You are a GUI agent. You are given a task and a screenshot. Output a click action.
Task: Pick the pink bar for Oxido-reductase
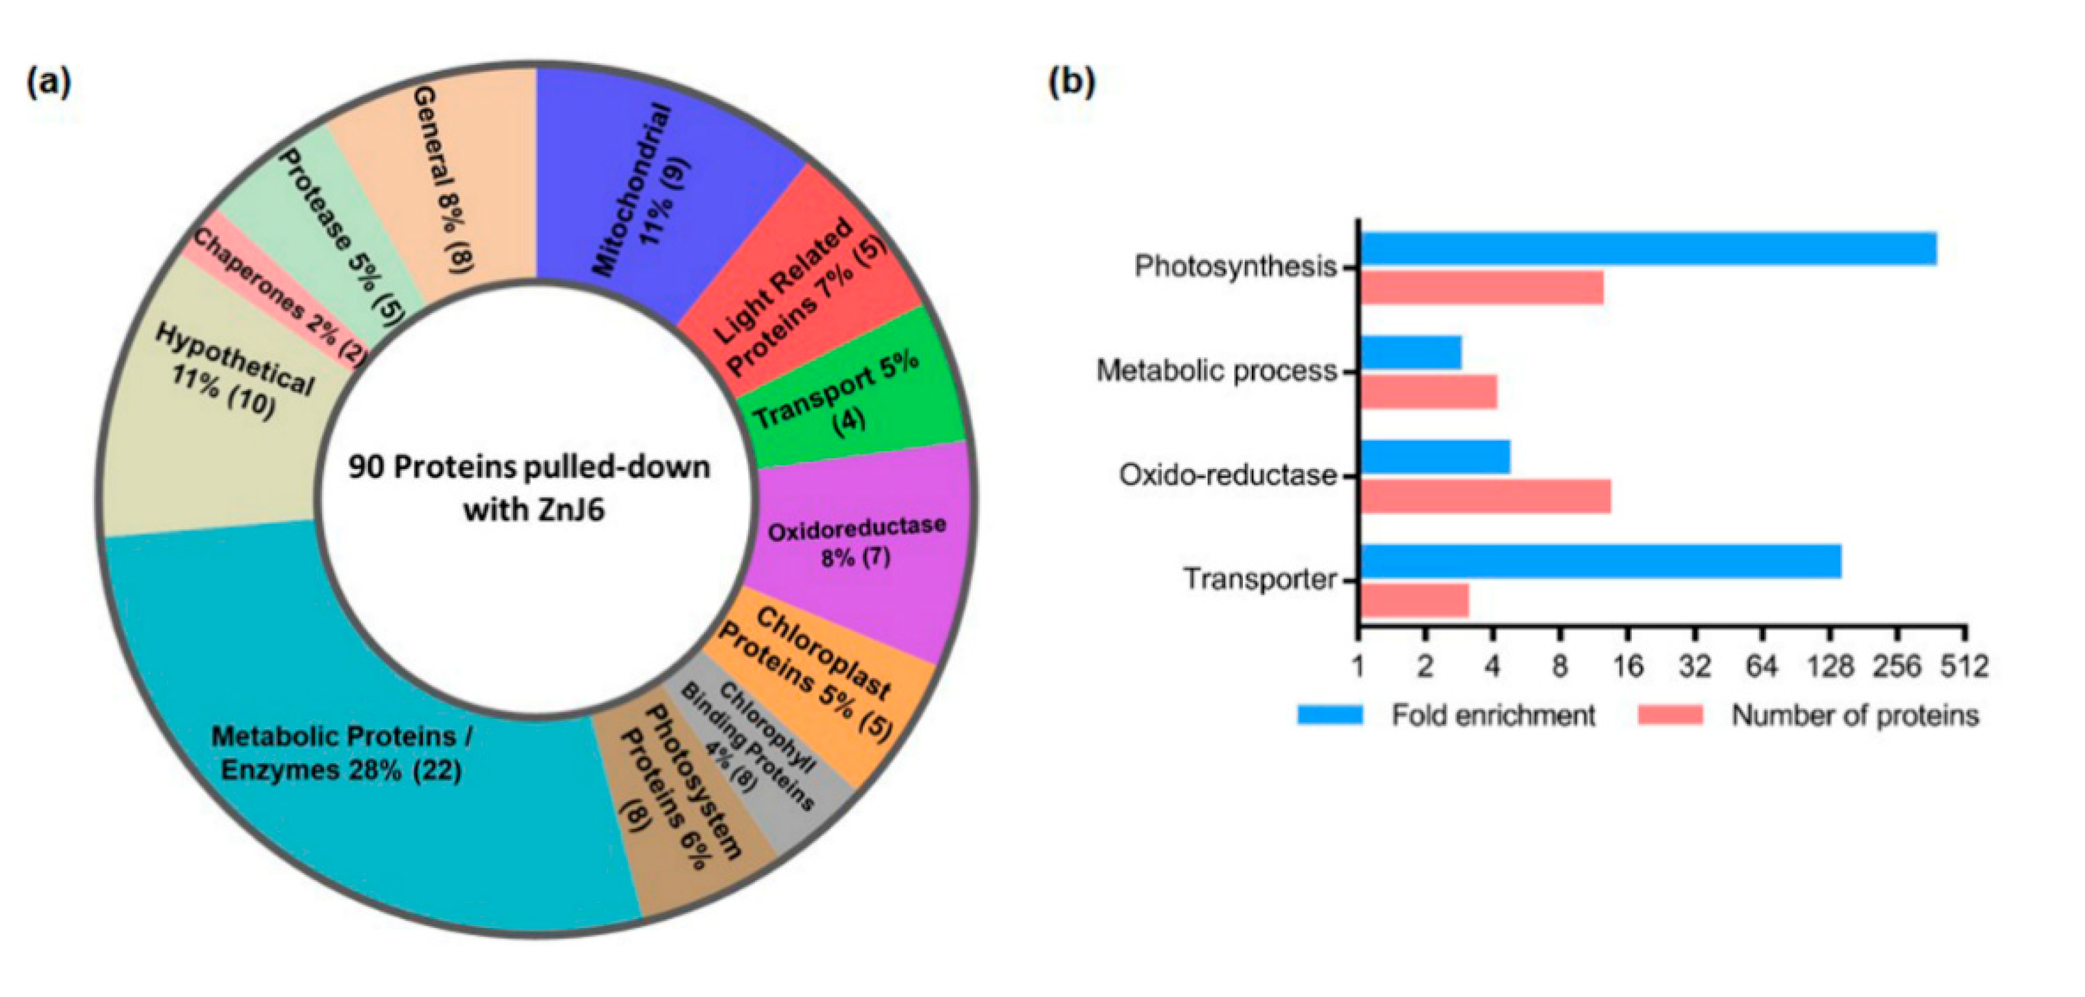tap(1485, 496)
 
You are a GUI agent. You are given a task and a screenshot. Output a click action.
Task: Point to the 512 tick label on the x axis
tap(1966, 666)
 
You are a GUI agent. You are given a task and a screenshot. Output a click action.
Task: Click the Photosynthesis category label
tap(1235, 266)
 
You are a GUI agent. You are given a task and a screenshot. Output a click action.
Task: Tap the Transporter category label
tap(1260, 580)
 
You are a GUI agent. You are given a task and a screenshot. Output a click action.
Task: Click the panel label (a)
tap(49, 82)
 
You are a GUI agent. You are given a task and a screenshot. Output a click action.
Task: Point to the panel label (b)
tap(1071, 82)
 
